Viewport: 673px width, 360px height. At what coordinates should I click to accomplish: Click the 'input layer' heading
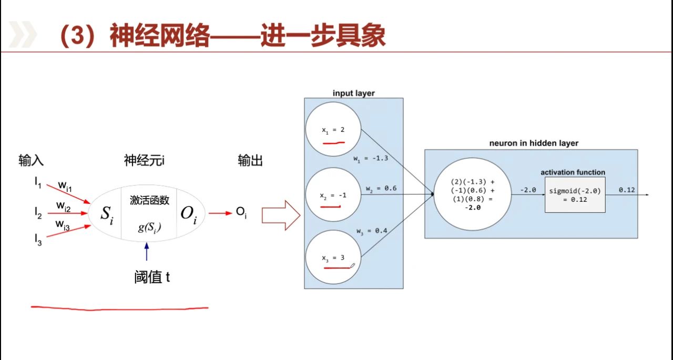coord(353,94)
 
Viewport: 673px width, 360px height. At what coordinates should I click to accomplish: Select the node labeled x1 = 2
coord(333,129)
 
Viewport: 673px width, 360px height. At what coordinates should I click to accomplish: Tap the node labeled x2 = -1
coord(333,194)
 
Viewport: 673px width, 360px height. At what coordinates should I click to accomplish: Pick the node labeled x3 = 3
coord(333,258)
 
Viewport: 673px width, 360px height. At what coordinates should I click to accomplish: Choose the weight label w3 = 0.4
coord(372,231)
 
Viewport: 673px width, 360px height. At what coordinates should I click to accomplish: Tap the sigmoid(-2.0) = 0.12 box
coord(574,195)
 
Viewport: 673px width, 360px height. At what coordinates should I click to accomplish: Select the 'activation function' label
coord(573,172)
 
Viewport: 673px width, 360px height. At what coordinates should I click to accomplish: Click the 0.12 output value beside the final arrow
coord(627,190)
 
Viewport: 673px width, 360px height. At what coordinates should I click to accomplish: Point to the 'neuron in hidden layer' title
coord(533,143)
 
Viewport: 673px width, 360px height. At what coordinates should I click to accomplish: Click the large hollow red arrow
coord(281,214)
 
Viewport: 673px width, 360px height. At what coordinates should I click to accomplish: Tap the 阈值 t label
coord(152,277)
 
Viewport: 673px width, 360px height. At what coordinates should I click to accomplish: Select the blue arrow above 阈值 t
coord(147,251)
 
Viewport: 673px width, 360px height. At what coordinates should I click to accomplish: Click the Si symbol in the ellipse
coord(107,214)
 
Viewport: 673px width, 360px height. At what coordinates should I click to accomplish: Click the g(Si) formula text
coord(149,228)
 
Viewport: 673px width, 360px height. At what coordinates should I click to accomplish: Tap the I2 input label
coord(38,212)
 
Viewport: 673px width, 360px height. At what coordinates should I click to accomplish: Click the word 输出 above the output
coord(250,161)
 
